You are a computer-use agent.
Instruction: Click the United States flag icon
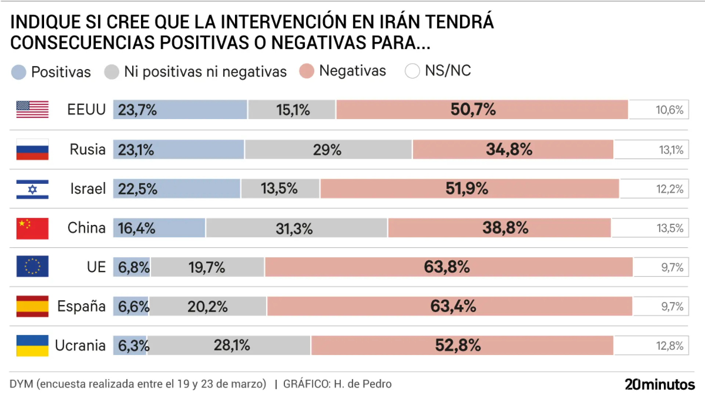click(32, 110)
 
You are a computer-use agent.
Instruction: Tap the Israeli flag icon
click(32, 189)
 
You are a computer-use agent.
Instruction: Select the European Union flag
click(32, 266)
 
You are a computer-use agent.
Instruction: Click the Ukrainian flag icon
click(32, 346)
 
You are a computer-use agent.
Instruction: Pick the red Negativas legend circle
click(307, 71)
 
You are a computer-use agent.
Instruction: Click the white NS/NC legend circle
click(412, 71)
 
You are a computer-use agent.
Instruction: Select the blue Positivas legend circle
click(19, 72)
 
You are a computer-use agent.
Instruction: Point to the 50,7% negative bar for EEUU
click(482, 110)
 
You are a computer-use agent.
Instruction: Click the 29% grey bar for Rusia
click(328, 150)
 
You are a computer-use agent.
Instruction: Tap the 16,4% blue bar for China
click(159, 228)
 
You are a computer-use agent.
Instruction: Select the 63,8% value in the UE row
click(447, 267)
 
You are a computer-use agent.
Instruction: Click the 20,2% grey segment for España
click(207, 306)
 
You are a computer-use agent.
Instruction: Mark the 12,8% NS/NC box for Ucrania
click(651, 346)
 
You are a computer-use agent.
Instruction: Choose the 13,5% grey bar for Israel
click(280, 189)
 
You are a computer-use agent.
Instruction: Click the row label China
click(86, 228)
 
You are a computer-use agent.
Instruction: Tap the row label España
click(81, 306)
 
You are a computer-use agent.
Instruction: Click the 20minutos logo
click(659, 385)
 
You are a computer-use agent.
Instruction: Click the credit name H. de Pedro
click(362, 384)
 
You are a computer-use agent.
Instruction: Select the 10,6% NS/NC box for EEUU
click(659, 110)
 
